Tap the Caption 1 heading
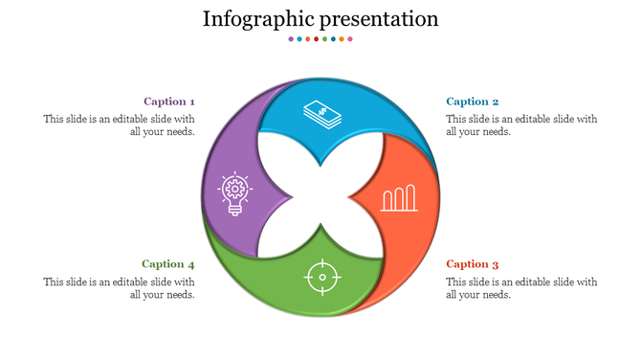coord(169,101)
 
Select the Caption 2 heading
coord(473,101)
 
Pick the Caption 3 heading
coord(473,264)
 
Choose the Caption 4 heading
coord(168,264)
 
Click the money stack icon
coord(321,115)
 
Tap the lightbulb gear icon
coord(233,193)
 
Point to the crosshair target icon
coord(321,278)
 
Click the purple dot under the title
coord(291,39)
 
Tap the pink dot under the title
coord(350,39)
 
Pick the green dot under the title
coord(324,39)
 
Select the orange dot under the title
coord(342,39)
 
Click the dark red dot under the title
coord(316,39)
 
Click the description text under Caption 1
coord(120,125)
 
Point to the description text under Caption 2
coord(521,125)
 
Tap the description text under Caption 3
coord(521,288)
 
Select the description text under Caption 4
coord(120,288)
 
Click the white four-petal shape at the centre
coord(321,197)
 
